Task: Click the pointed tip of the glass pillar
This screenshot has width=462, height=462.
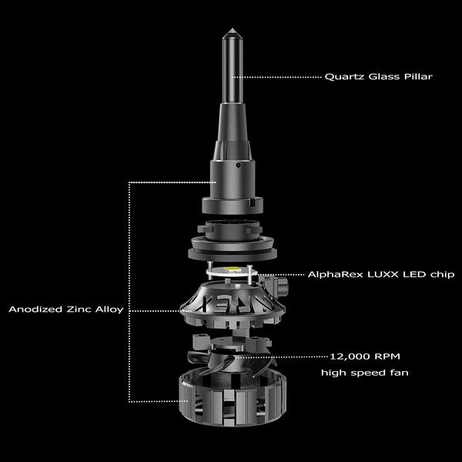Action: (x=233, y=28)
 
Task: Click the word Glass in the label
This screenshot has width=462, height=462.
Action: (x=384, y=76)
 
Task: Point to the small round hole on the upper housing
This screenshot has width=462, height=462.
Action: (x=239, y=166)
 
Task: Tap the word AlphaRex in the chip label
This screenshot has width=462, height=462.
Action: (x=335, y=275)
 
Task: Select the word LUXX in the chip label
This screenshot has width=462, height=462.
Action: (x=383, y=274)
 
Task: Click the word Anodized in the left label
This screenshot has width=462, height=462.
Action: (x=35, y=309)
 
